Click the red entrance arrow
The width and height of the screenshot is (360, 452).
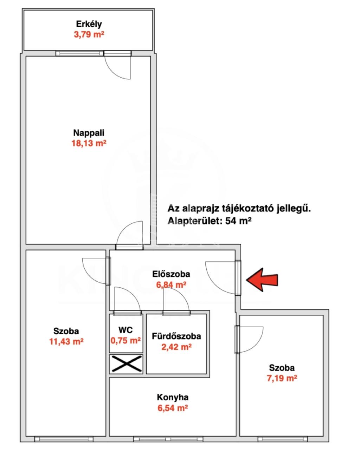coord(262,280)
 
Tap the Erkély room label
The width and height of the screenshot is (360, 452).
coord(89,24)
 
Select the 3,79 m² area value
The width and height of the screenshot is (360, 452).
coord(89,34)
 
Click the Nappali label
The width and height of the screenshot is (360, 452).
coord(89,133)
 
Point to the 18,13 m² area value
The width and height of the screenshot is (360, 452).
coord(89,143)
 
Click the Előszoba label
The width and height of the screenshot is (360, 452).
coord(171,274)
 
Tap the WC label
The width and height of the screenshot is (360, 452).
coord(126,330)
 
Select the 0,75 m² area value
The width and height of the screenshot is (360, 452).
coord(126,340)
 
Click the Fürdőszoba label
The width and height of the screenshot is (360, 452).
coord(176,336)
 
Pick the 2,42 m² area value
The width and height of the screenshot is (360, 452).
coord(176,347)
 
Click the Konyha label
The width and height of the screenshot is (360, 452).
coord(173,398)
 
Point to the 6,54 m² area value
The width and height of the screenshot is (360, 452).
coord(173,408)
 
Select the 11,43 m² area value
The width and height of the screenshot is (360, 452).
coord(66,341)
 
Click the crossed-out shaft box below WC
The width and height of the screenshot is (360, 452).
coord(126,364)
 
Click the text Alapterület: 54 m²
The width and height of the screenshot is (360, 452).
coord(210,221)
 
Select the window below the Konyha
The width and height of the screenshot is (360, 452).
coord(168,439)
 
